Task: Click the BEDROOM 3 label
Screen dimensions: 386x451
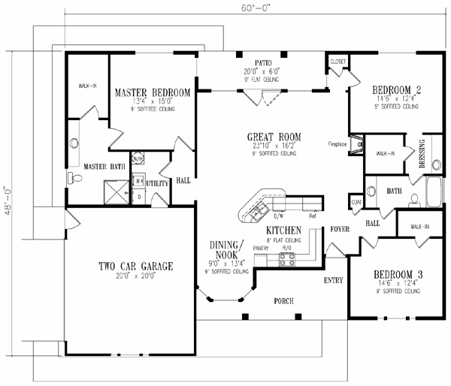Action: pyautogui.click(x=398, y=275)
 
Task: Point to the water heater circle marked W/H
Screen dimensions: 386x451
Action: pyautogui.click(x=138, y=159)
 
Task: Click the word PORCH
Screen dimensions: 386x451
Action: pyautogui.click(x=283, y=301)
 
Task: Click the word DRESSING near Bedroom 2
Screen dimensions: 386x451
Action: pyautogui.click(x=421, y=153)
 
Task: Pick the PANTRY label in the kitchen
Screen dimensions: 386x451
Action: pyautogui.click(x=261, y=246)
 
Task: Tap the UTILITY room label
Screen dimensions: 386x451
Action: pyautogui.click(x=156, y=182)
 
